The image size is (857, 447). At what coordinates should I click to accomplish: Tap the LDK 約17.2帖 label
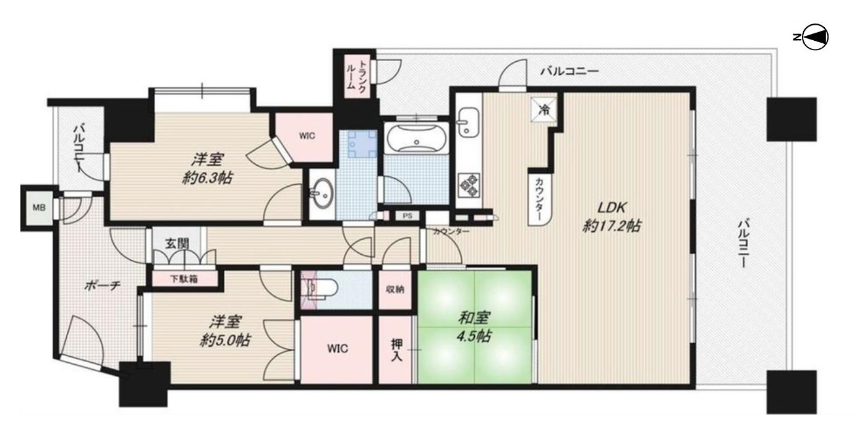tap(612, 217)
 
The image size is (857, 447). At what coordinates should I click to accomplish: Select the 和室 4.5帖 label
tap(474, 327)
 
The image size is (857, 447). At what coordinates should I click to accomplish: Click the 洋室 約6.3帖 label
tap(207, 168)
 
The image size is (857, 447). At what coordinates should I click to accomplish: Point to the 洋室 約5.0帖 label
tap(225, 331)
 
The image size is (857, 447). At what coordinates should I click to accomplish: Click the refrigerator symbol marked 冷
tap(544, 110)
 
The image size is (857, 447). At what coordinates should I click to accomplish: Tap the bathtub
tap(417, 139)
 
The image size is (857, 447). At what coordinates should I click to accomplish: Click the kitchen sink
tap(468, 122)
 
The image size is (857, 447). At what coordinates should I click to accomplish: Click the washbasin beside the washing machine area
tap(322, 194)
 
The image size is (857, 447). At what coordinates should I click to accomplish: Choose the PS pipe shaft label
tap(407, 216)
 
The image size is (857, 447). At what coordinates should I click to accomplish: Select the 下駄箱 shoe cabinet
tap(184, 279)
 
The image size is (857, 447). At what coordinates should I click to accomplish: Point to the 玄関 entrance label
tap(177, 244)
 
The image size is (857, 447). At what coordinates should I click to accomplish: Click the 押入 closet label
tap(397, 350)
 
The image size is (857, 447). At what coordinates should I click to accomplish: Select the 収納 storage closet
tap(395, 289)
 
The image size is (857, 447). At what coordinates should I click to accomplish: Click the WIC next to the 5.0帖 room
tap(336, 349)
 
